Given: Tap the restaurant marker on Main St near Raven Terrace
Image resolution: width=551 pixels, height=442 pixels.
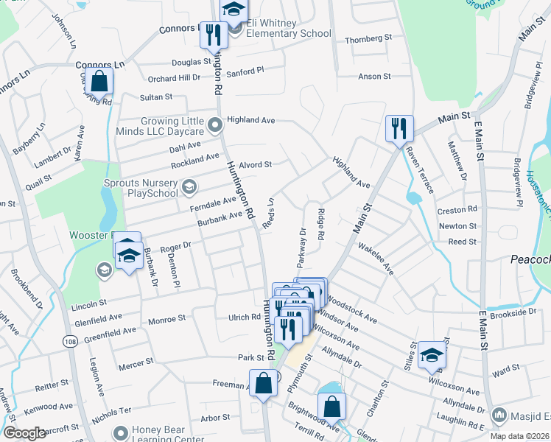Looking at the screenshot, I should tap(399, 127).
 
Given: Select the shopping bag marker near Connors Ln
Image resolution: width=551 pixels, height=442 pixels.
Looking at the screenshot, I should tap(99, 81).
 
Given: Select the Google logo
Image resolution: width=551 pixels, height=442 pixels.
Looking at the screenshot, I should tap(24, 433).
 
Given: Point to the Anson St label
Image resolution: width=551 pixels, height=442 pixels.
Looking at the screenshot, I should tap(374, 77).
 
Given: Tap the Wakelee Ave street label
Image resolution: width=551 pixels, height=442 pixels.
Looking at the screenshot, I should tap(375, 260).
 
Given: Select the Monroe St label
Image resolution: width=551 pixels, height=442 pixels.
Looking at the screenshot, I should tap(166, 319).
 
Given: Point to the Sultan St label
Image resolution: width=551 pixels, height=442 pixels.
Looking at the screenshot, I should tap(156, 97).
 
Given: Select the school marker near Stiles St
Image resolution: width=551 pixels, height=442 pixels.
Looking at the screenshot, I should tap(432, 354).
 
